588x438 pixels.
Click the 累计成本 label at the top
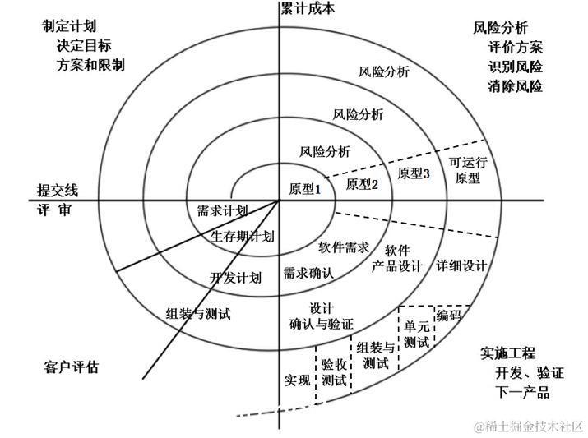308,8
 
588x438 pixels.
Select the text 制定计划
69,26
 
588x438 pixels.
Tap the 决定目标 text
85,45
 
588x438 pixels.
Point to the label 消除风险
515,85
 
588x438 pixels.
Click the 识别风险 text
515,67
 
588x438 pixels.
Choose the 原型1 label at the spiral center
304,188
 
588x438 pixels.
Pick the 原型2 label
362,184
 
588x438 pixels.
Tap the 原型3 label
414,173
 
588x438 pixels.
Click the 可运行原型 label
468,170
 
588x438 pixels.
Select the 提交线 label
57,190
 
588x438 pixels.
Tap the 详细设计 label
461,265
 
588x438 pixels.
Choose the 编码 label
449,316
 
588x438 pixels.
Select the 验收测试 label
334,371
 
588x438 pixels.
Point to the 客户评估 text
70,367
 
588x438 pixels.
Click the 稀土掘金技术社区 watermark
527,425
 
